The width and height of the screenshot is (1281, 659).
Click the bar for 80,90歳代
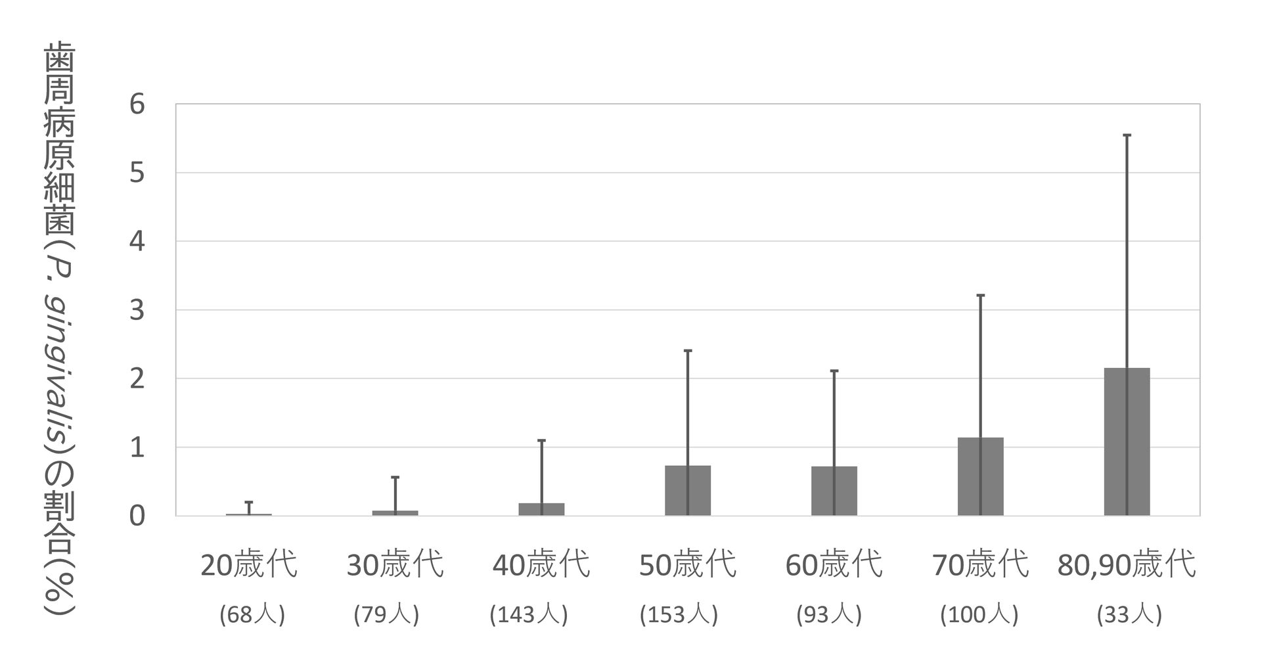[1127, 442]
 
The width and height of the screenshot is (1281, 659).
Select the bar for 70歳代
[980, 476]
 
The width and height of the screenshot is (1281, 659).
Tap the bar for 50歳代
[688, 491]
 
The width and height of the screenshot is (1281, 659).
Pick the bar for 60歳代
[834, 491]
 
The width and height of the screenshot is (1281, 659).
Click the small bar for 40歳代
[541, 509]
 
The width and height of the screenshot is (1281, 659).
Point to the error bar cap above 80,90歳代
[1127, 135]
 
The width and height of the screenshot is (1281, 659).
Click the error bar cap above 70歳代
[980, 296]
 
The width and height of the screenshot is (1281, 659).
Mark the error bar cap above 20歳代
[249, 503]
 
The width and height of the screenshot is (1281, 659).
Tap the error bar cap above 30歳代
[395, 478]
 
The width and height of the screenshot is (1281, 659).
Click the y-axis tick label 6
[137, 104]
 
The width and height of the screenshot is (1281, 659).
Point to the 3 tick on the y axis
[137, 310]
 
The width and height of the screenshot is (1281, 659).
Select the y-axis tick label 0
[137, 516]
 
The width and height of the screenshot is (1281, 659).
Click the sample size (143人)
[529, 615]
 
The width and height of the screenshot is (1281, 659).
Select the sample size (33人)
[1129, 615]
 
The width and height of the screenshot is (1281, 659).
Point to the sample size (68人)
[252, 615]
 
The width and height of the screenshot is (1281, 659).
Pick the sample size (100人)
[979, 615]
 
